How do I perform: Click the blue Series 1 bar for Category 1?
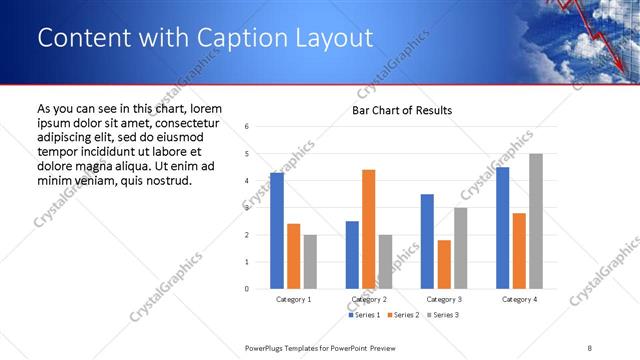coord(277,231)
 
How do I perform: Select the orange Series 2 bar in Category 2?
coord(368,229)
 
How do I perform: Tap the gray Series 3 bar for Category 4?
coord(535,221)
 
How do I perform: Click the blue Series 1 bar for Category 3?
coord(427,241)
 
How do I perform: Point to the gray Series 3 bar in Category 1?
coord(310,262)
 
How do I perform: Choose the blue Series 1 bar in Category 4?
coord(502,228)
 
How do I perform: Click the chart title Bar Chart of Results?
coord(401,110)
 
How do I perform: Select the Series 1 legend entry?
coord(364,315)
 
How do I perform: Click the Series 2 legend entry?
coord(403,315)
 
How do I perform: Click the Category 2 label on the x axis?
coord(368,299)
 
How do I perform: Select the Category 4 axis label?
coord(518,299)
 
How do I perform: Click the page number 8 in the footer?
coord(589,348)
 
